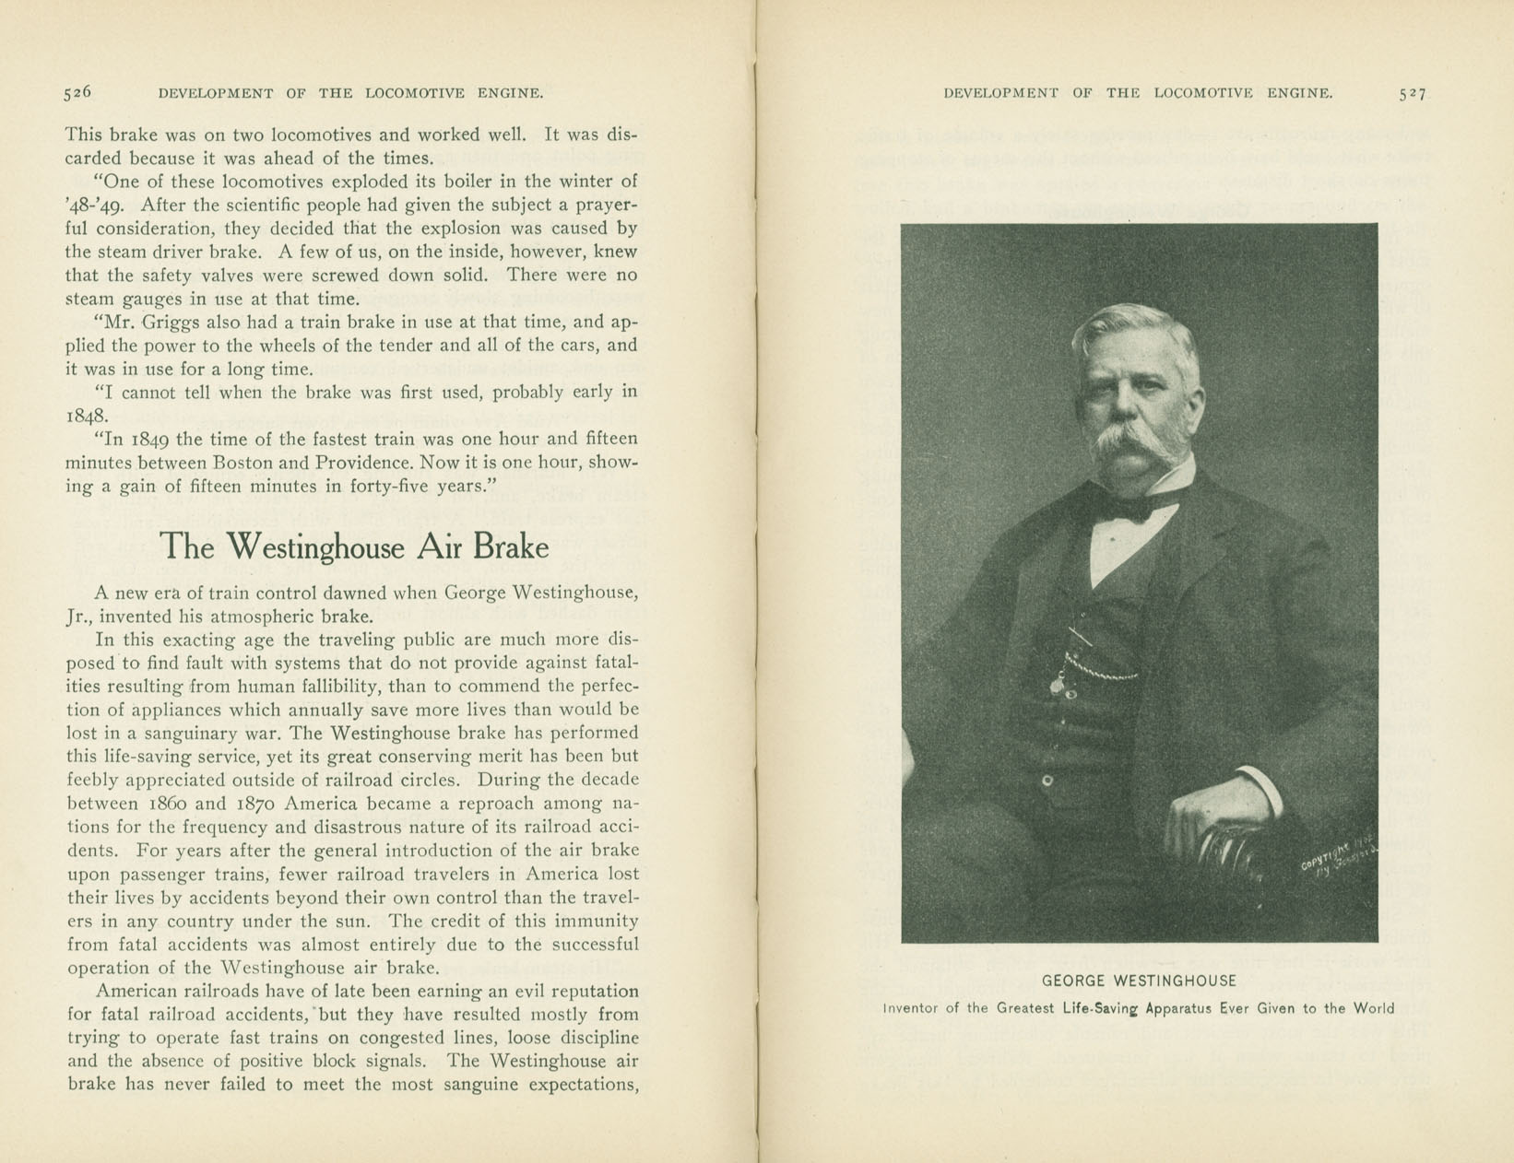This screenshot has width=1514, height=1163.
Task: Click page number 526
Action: [x=77, y=92]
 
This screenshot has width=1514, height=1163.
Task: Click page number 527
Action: [x=1412, y=93]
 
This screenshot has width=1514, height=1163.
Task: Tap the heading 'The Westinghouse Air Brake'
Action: [x=354, y=546]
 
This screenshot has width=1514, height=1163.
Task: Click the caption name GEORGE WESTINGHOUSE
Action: [x=1139, y=981]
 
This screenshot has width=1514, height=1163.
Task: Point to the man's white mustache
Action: [x=1137, y=441]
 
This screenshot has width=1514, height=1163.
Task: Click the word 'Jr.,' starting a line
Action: [x=79, y=617]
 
